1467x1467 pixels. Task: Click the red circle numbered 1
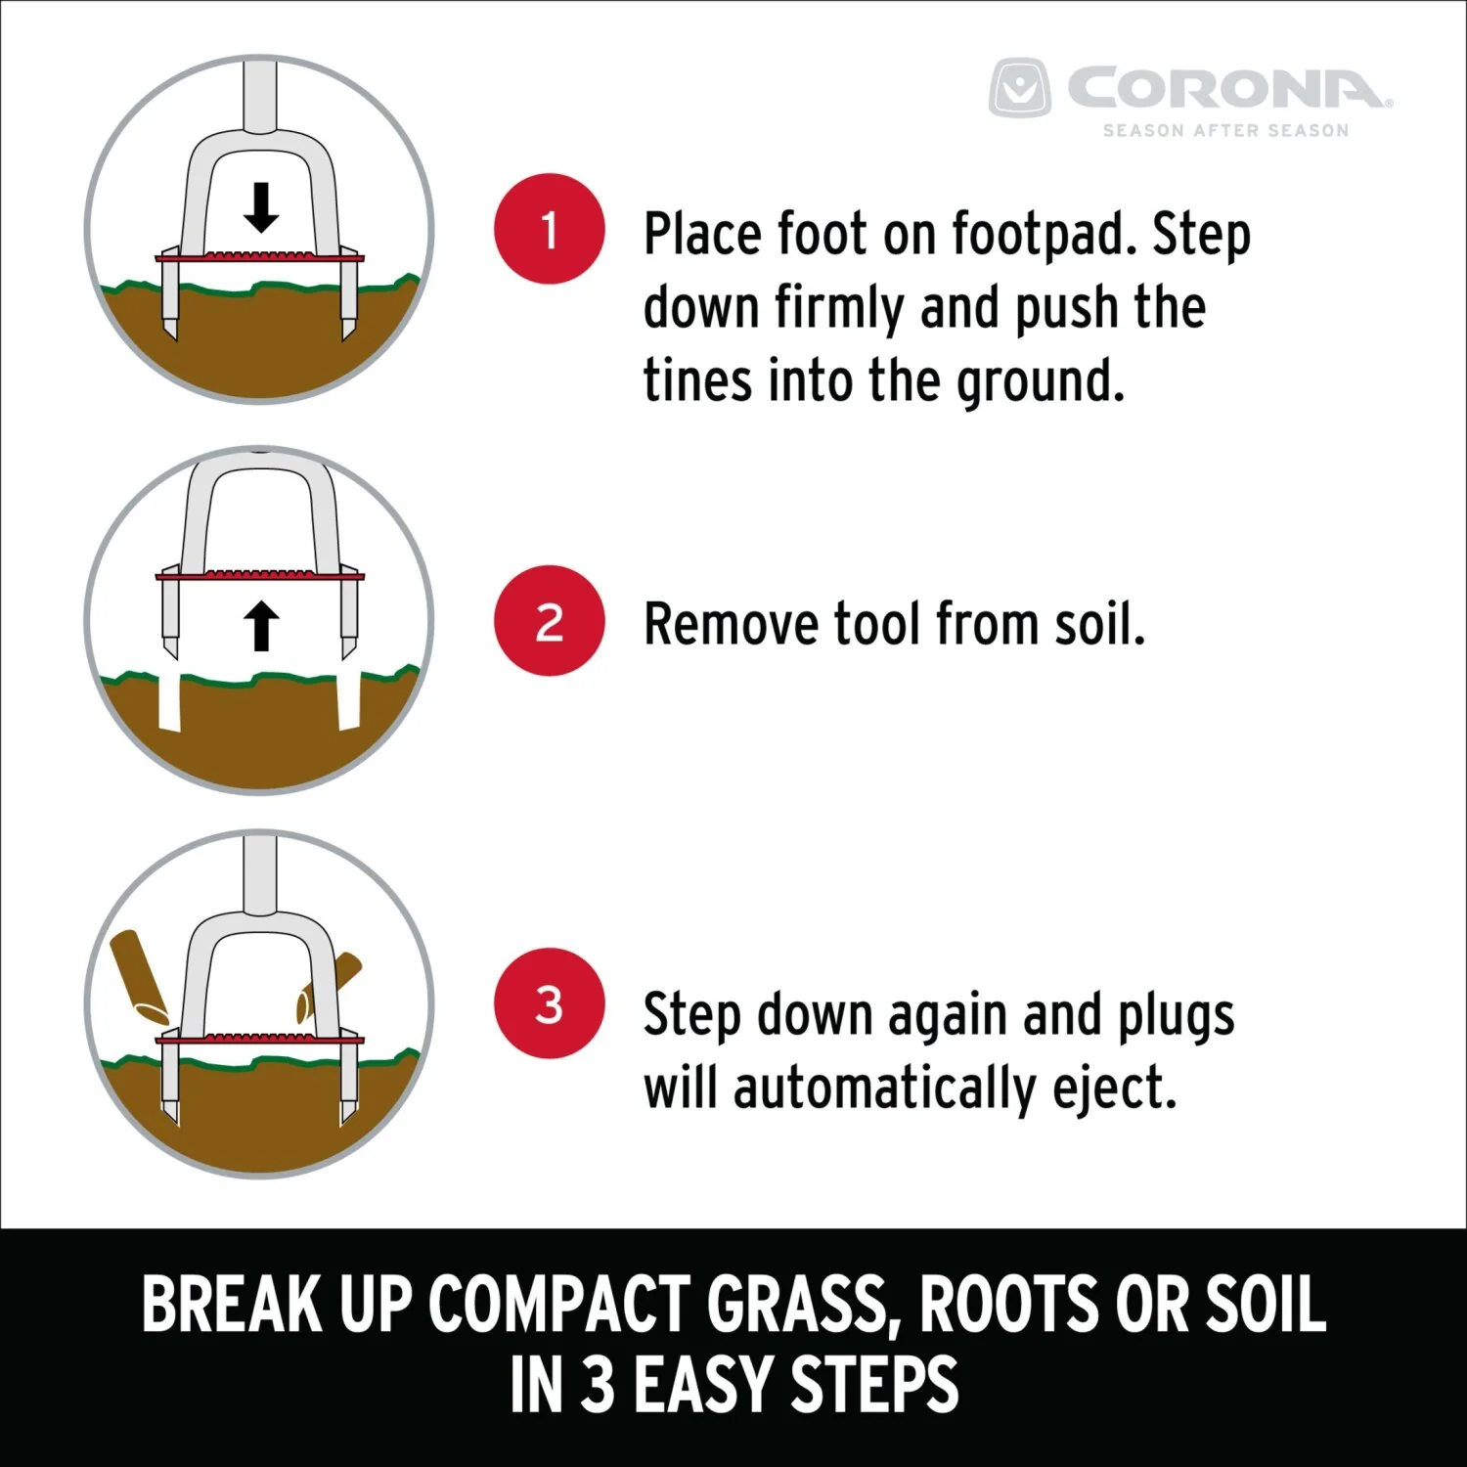pos(550,229)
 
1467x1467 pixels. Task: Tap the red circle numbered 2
pos(550,620)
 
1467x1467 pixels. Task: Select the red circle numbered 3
pos(550,1003)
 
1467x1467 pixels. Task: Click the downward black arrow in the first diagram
pos(260,207)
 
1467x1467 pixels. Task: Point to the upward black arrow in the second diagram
pos(260,626)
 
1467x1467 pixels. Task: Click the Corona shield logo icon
pos(1020,88)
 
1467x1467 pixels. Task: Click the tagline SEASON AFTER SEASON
pos(1225,130)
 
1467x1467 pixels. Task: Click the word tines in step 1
pos(698,380)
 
